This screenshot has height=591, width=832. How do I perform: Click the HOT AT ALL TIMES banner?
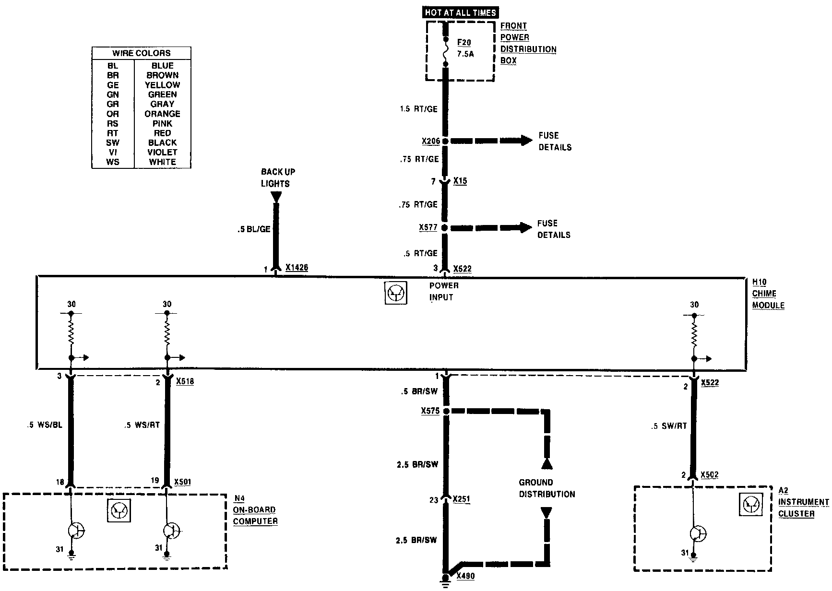tap(460, 13)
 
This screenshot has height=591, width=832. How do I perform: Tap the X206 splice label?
tap(430, 141)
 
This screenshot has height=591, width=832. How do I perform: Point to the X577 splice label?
tap(428, 227)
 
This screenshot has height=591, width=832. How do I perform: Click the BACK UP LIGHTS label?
tap(278, 177)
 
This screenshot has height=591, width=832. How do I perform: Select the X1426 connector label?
tap(297, 268)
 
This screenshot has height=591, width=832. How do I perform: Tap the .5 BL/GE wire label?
tap(254, 230)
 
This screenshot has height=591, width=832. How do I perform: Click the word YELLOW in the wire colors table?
tap(162, 85)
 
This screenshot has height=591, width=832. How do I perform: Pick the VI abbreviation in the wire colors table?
tap(113, 152)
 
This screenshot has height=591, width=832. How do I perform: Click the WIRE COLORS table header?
tap(141, 53)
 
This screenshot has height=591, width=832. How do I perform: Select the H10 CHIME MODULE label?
tap(768, 294)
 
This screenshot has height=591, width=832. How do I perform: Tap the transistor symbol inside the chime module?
tap(396, 293)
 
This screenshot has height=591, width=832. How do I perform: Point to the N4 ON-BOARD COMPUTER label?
tap(255, 509)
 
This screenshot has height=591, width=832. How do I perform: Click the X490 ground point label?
tap(465, 576)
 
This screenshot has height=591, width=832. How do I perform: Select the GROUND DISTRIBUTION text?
tap(547, 488)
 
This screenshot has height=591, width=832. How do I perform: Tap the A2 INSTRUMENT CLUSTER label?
tap(802, 502)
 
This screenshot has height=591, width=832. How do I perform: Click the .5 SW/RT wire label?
tap(669, 426)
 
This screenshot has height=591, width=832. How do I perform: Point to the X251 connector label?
tap(461, 499)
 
